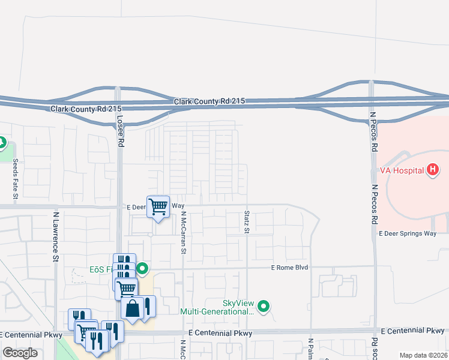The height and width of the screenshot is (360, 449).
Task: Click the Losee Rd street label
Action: (121, 131)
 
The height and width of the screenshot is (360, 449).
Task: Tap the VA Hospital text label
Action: (402, 170)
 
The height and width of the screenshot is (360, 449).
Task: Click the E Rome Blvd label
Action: (289, 267)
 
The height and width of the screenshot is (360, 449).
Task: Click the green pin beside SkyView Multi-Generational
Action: (263, 308)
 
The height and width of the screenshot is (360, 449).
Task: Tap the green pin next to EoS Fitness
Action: (142, 269)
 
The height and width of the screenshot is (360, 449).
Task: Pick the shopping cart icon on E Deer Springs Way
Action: (158, 207)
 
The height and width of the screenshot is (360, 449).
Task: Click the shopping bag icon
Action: (132, 308)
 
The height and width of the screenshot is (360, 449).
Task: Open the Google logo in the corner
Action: (20, 353)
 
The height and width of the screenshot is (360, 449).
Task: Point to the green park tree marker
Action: (2, 143)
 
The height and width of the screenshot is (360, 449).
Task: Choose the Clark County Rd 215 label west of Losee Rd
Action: (86, 109)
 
